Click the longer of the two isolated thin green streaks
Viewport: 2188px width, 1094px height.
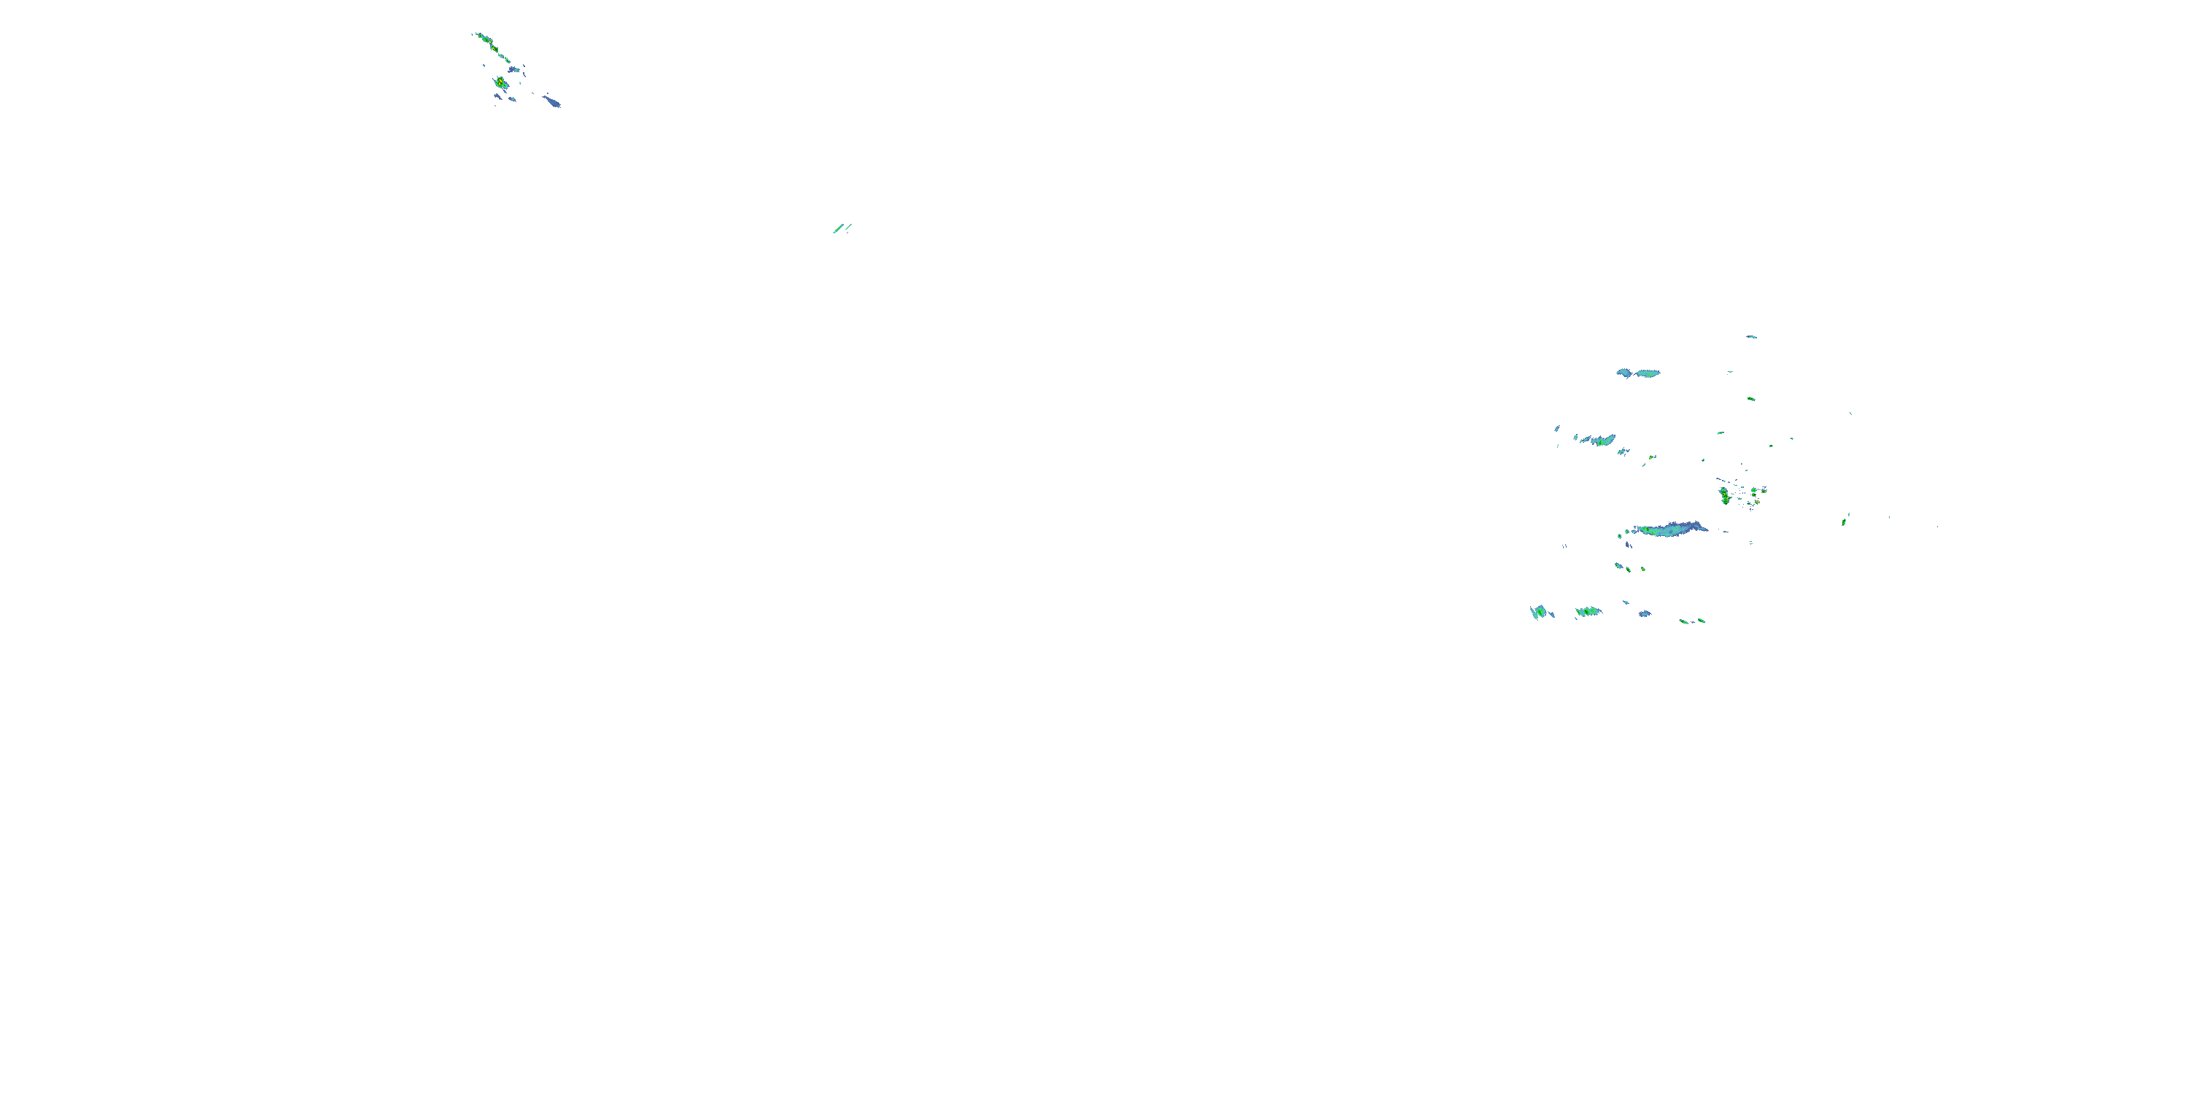tap(838, 228)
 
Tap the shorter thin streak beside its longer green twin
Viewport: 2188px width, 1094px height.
tap(848, 226)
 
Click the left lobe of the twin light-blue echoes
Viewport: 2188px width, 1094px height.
tap(1625, 373)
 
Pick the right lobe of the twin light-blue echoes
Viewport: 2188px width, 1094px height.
tap(1648, 373)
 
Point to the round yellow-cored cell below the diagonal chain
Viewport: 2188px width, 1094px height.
tap(501, 83)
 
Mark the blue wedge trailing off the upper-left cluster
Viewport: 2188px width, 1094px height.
tap(552, 101)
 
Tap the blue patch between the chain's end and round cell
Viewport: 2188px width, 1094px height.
tap(514, 69)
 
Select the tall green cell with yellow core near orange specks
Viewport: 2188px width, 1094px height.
tap(1724, 495)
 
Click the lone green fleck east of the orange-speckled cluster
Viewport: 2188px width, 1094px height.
tap(1845, 519)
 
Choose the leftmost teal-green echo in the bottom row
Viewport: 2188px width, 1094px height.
tap(1539, 612)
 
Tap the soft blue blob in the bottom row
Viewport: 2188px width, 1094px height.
tap(1645, 613)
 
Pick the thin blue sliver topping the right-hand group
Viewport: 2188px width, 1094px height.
tap(1751, 337)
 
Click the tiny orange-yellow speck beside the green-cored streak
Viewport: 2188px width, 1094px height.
tap(1652, 458)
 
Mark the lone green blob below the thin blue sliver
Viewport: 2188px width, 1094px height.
tap(1750, 398)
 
